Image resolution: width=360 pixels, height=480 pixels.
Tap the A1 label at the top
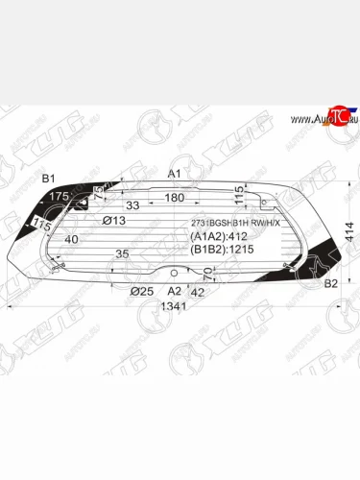click(x=174, y=174)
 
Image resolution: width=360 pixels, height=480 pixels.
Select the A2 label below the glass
click(x=174, y=290)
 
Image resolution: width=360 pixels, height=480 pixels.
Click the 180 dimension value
click(x=174, y=197)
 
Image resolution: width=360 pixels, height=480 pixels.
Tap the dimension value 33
click(x=133, y=206)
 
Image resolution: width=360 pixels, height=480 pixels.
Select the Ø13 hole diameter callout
click(x=114, y=221)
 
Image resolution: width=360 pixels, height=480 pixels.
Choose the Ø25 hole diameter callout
click(x=141, y=290)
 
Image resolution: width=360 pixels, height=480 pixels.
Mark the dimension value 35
click(x=122, y=254)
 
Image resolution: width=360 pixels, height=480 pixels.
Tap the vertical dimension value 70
click(x=209, y=278)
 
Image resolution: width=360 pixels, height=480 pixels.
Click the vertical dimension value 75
click(x=99, y=189)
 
